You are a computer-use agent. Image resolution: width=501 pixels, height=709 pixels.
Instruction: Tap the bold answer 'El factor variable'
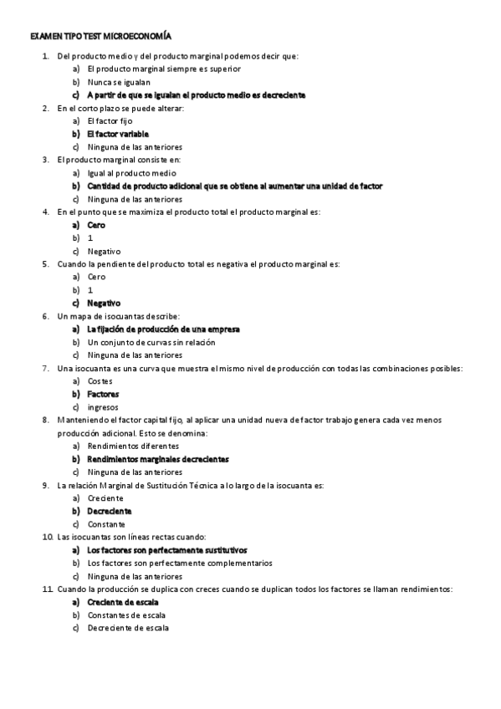point(118,134)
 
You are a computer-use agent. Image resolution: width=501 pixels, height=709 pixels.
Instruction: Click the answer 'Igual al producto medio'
point(131,173)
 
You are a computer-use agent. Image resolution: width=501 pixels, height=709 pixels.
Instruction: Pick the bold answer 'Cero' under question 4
point(96,225)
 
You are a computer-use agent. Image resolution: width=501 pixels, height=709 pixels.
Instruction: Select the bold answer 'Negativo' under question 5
point(104,303)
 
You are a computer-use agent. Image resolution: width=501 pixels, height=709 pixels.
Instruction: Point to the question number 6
point(45,316)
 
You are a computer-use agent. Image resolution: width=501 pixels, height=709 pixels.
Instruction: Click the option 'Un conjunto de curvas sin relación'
point(151,342)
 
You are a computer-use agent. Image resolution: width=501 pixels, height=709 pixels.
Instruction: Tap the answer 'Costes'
point(100,380)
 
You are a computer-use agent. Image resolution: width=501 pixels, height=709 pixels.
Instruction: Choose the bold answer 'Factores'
point(103,394)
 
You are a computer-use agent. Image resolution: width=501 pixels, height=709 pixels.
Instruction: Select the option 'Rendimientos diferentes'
point(132,446)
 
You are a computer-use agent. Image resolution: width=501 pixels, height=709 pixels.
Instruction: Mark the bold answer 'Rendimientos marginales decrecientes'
point(158,459)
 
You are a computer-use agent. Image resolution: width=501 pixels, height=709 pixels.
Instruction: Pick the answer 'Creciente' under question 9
point(105,497)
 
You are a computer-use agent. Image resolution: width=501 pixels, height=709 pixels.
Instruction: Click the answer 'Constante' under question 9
point(105,523)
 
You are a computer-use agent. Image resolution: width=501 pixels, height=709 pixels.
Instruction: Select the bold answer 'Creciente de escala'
point(123,602)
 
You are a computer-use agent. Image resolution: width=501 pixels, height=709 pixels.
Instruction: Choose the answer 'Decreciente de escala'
point(127,628)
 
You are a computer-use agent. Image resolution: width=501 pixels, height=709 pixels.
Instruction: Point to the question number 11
point(46,589)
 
